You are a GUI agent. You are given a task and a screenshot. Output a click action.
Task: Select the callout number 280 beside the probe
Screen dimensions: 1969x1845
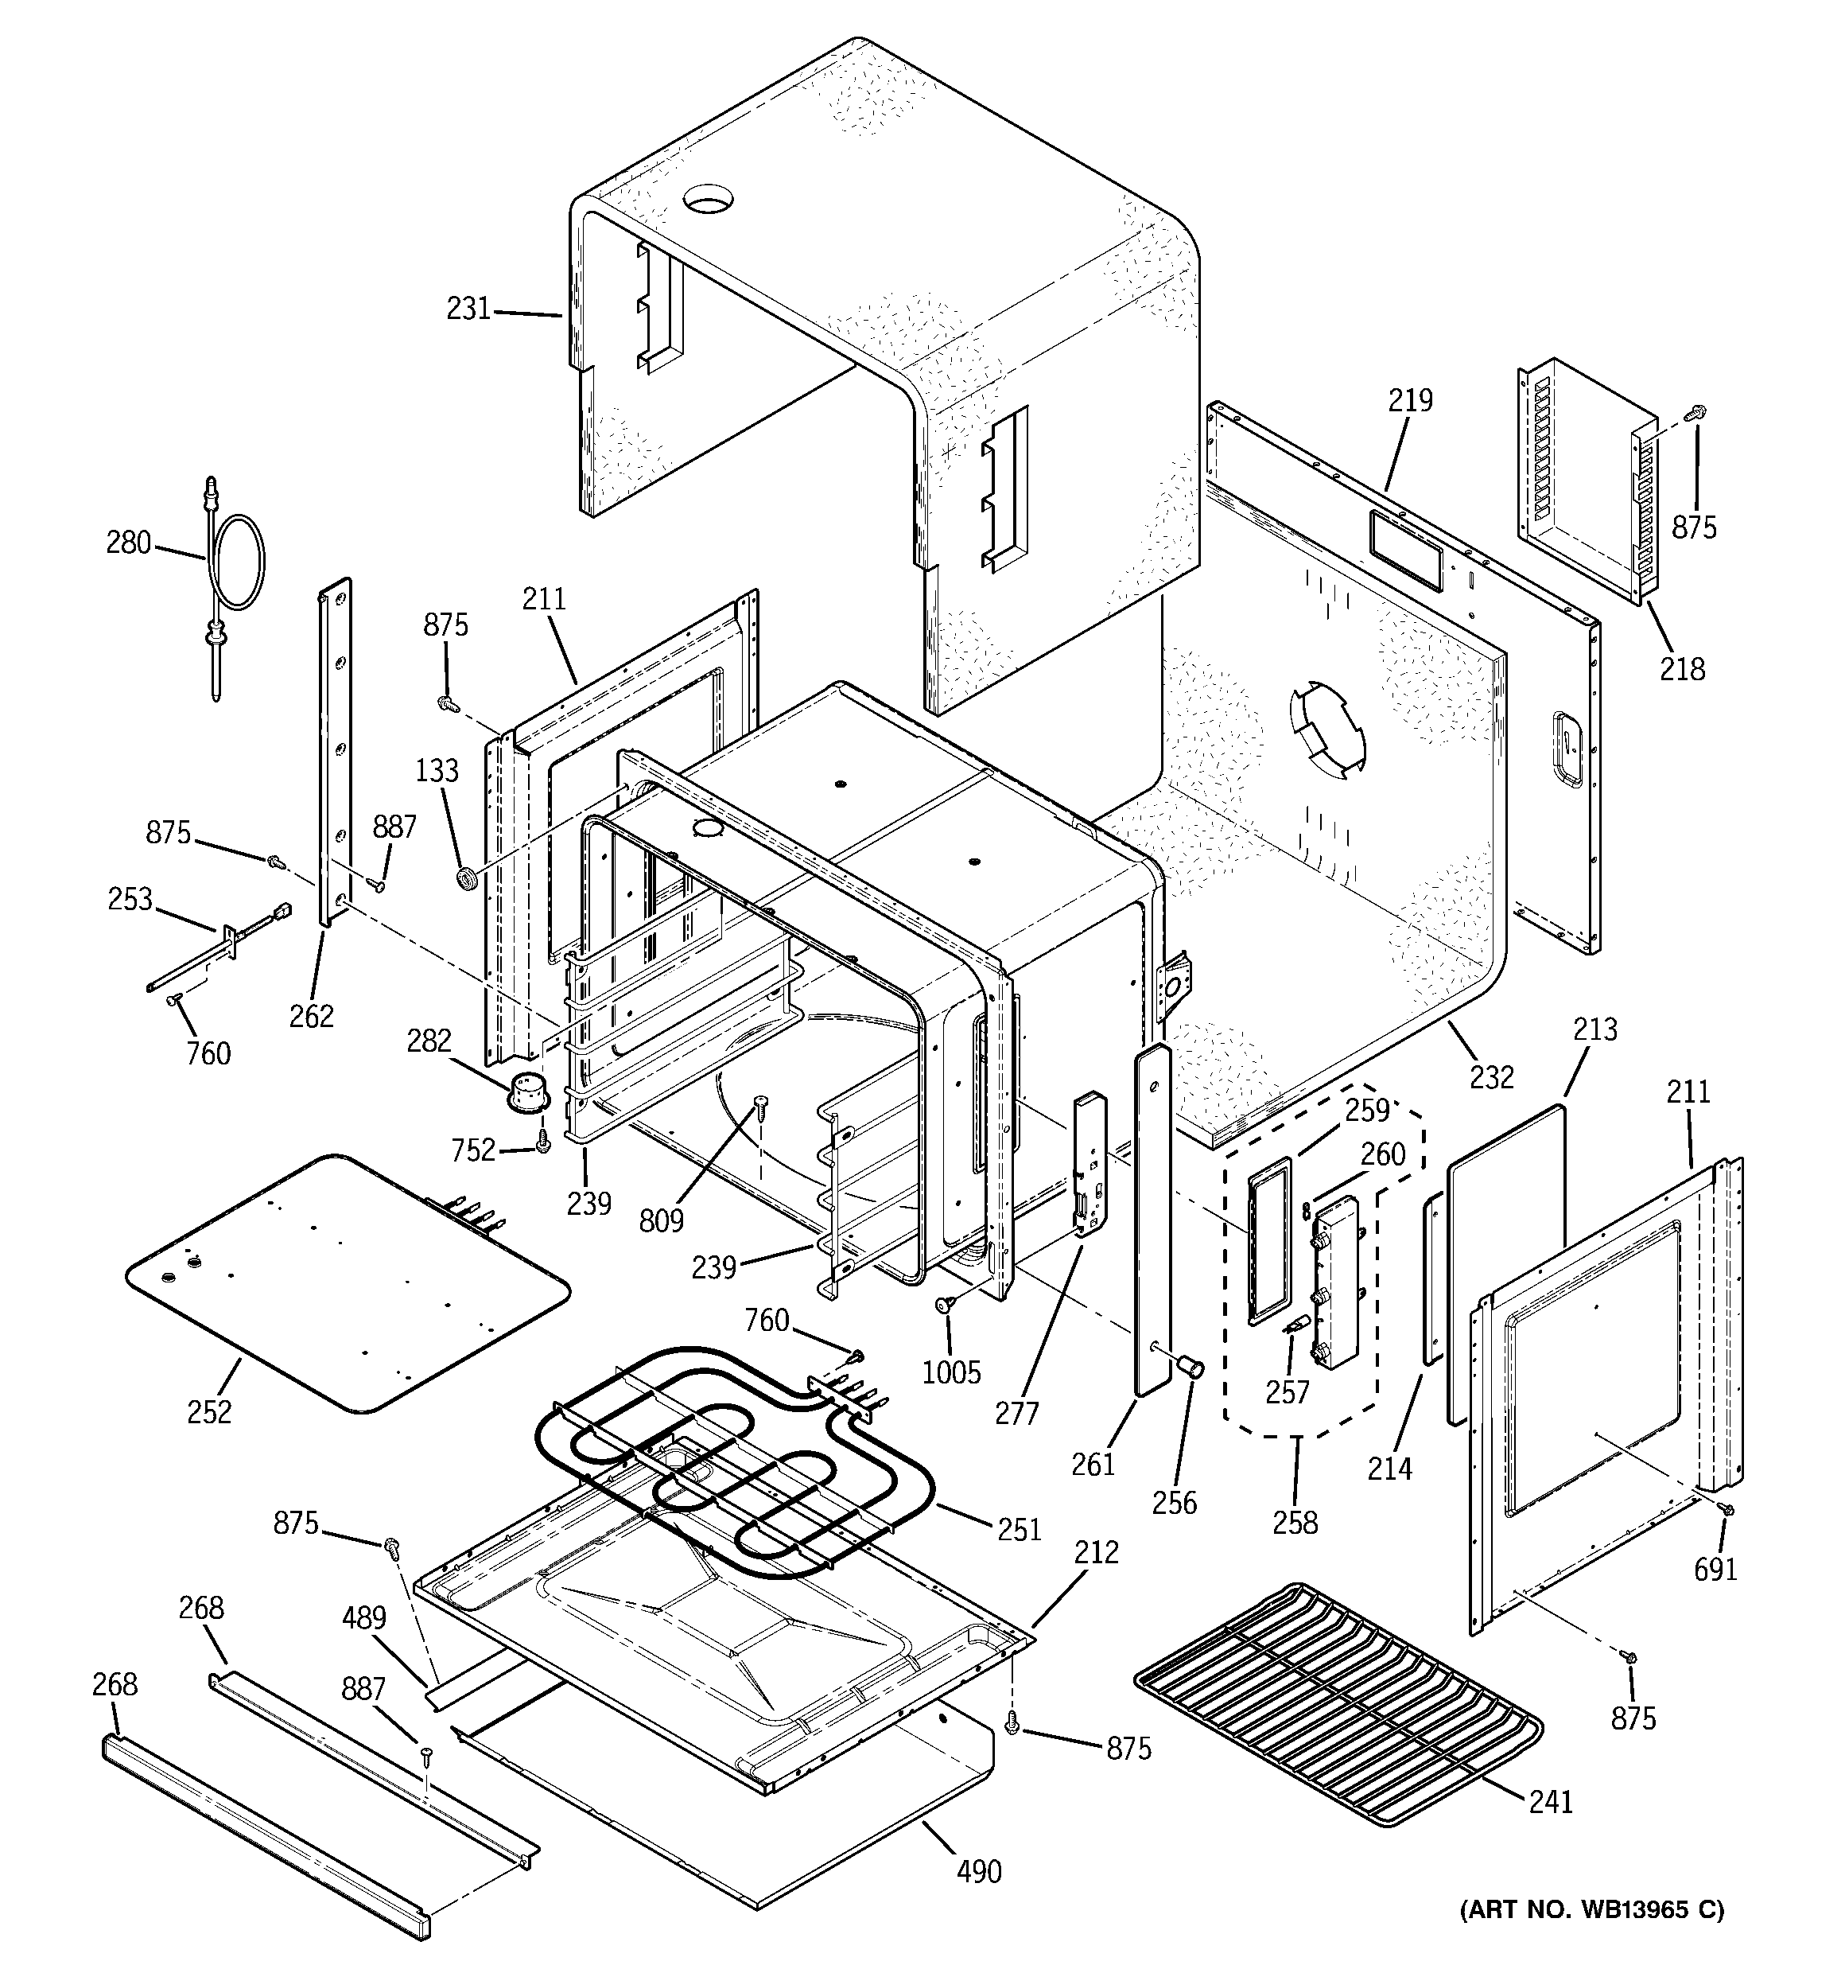coord(129,543)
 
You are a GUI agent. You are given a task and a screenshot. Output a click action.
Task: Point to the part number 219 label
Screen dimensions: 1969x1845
coord(1409,400)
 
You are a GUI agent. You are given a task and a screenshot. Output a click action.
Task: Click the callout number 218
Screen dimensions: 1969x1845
coord(1683,670)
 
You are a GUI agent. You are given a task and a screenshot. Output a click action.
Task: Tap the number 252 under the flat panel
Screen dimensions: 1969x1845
coord(209,1411)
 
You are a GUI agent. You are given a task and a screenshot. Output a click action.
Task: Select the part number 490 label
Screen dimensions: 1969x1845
coord(978,1871)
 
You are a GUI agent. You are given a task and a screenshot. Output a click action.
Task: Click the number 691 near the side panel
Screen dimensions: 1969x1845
coord(1715,1569)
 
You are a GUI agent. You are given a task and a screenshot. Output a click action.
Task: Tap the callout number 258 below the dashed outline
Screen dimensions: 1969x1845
coord(1295,1523)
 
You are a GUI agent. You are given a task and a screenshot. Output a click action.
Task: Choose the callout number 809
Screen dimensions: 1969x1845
coord(661,1220)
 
